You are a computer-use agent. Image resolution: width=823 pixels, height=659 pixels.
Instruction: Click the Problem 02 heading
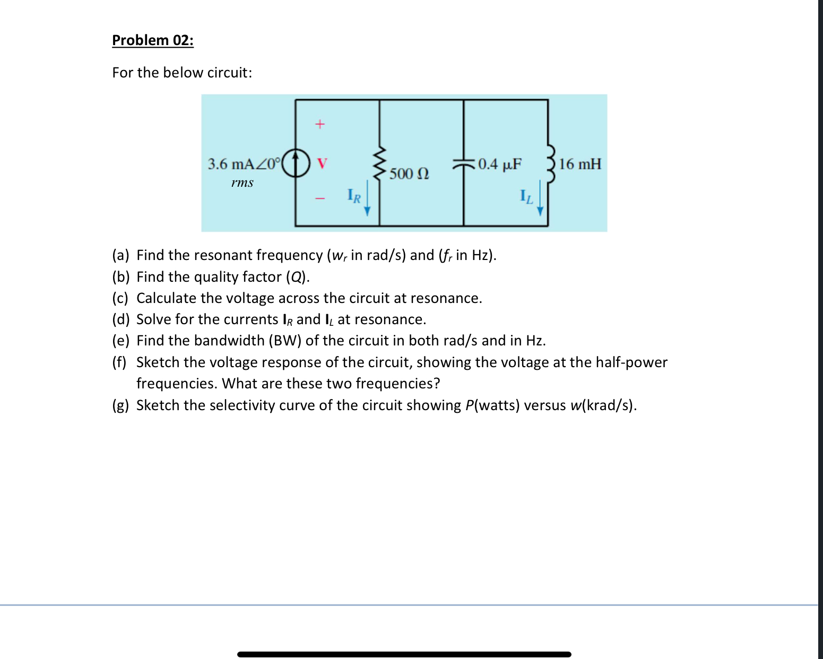153,40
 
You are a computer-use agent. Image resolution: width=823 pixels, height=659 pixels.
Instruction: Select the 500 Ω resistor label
409,174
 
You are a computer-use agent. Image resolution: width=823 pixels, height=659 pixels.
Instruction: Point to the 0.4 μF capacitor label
500,164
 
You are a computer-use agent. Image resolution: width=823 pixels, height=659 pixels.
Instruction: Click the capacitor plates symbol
464,164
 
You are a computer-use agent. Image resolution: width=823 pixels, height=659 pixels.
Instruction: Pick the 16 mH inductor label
580,164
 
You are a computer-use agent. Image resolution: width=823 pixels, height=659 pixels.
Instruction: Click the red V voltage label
322,163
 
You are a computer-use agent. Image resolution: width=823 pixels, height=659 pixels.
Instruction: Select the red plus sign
319,125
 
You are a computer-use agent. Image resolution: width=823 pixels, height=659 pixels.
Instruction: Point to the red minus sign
319,199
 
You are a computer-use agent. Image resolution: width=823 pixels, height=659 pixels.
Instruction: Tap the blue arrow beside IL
540,198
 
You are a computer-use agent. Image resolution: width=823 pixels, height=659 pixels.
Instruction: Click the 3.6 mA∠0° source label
242,164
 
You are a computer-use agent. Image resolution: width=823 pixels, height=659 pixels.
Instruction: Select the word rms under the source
242,183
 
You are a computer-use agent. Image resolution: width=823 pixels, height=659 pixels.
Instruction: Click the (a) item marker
121,255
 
